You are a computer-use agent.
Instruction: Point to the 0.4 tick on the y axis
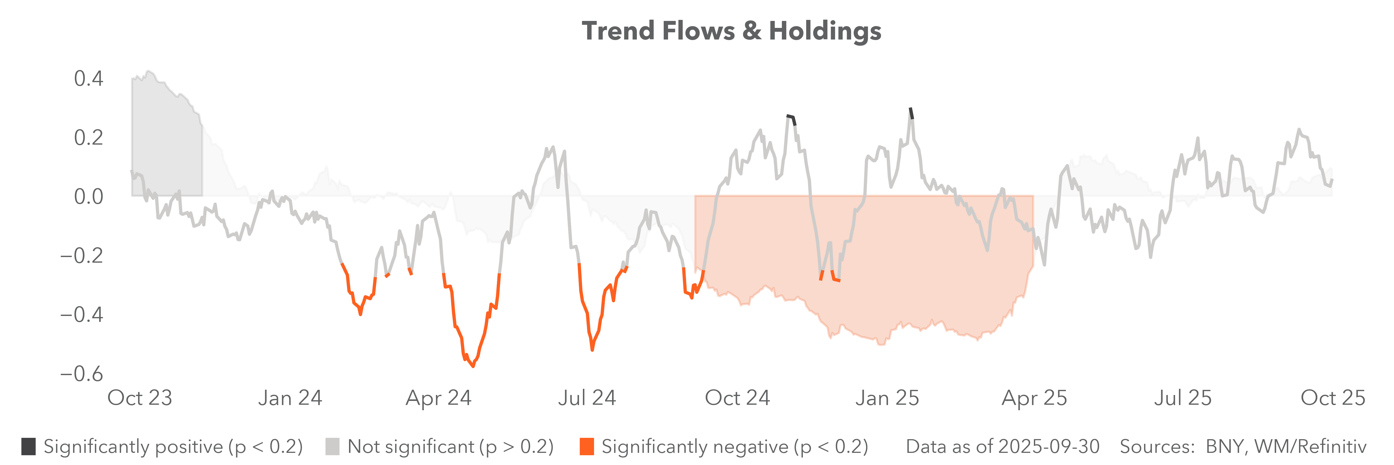pos(88,79)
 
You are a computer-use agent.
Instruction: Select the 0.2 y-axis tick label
pos(88,137)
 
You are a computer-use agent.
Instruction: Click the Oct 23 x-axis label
pos(140,398)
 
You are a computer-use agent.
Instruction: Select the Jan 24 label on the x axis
pos(290,398)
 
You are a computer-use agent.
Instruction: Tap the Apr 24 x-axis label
pos(438,398)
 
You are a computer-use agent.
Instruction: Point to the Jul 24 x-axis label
pos(587,398)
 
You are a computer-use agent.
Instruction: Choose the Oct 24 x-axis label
pos(737,398)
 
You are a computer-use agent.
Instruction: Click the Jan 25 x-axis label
pos(887,398)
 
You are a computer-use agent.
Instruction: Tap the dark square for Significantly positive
pos(29,447)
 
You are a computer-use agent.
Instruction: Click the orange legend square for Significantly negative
pos(587,447)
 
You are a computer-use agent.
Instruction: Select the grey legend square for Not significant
pos(332,447)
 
